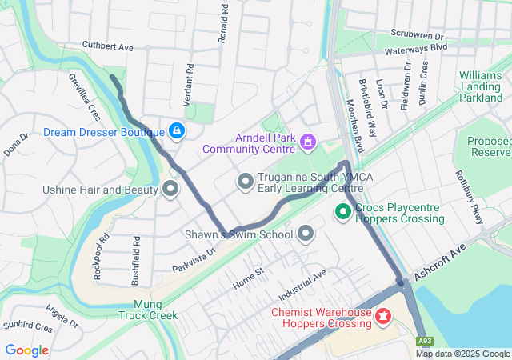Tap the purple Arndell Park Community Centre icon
point(308,142)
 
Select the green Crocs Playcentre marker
point(343,212)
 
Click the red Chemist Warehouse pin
point(383,318)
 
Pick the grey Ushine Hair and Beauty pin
point(170,190)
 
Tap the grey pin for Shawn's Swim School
point(306,234)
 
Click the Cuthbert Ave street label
point(107,47)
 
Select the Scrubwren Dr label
point(417,35)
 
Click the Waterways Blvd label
point(415,48)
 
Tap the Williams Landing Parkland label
point(481,86)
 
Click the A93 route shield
point(425,342)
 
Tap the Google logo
point(27,350)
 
